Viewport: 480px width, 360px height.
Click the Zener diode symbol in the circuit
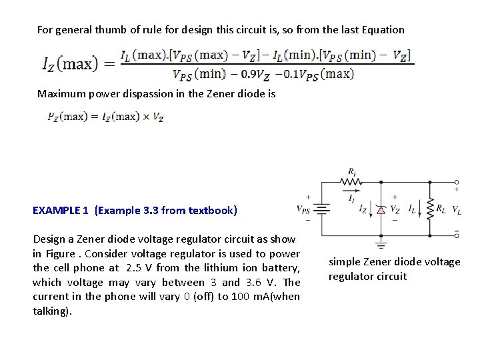(x=381, y=209)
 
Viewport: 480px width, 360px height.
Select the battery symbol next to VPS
(x=322, y=209)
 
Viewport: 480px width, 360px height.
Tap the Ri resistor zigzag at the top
(x=354, y=181)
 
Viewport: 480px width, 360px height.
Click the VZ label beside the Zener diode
(x=395, y=209)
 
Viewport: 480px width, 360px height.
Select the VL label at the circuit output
(x=457, y=210)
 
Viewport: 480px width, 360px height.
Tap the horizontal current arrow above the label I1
(x=351, y=191)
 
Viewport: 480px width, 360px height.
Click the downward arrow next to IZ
(x=371, y=209)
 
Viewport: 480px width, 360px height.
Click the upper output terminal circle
(x=457, y=181)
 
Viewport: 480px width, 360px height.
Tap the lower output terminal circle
(x=457, y=235)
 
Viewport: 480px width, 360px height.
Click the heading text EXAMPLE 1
(x=61, y=211)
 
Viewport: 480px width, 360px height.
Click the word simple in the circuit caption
(x=343, y=262)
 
